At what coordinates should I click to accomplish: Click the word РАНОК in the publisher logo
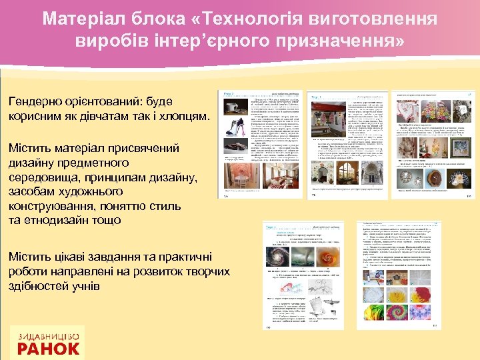(48, 347)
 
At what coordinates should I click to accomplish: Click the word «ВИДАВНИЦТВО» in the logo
(48, 334)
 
